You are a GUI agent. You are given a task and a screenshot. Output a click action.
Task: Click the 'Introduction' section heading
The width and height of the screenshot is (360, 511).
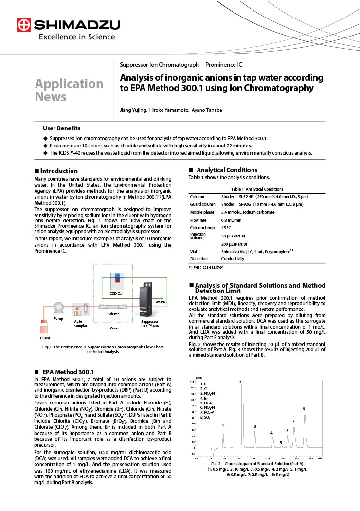(x=59, y=171)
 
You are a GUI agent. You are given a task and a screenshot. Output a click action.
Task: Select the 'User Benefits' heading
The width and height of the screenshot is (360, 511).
(x=62, y=128)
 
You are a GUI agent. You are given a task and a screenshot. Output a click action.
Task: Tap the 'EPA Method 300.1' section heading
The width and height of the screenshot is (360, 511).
(x=68, y=372)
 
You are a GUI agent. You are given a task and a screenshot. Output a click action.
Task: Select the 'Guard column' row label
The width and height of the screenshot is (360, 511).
(x=202, y=204)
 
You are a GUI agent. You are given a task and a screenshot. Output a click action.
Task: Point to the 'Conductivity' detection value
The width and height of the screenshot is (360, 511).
(x=234, y=259)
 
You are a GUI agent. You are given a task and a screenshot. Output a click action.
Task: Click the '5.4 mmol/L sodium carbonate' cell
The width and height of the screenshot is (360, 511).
(x=248, y=212)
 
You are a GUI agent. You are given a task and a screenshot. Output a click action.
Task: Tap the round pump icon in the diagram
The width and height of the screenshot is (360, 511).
(x=58, y=307)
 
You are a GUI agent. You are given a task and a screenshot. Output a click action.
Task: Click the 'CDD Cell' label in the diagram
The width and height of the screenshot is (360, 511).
(x=116, y=294)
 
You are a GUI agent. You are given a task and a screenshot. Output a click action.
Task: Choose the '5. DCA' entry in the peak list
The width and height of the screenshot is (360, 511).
(x=206, y=403)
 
